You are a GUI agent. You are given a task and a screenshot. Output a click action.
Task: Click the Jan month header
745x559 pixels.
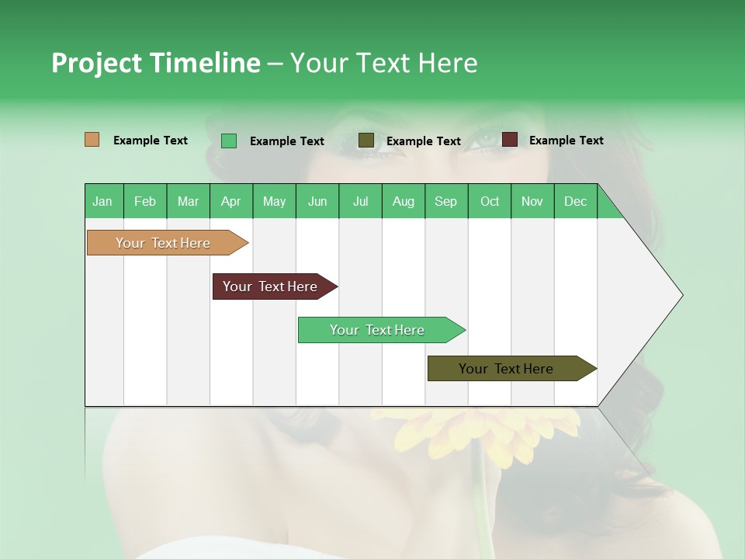[102, 201]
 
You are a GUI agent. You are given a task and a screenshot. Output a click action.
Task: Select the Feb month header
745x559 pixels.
[145, 201]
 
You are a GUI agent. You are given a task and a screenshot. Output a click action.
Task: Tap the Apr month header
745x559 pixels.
[230, 201]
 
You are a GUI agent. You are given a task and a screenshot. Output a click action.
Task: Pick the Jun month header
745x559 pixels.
[317, 201]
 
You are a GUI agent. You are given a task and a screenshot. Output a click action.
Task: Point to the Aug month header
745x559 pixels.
[403, 201]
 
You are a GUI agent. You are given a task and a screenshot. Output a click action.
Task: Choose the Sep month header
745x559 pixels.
[445, 201]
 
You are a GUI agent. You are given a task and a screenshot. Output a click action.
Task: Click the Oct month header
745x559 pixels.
[490, 201]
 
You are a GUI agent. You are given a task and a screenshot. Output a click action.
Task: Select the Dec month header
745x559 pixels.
[575, 201]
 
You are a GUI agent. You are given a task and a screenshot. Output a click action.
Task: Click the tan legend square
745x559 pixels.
[92, 140]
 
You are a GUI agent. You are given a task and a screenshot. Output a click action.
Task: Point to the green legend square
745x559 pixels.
[229, 141]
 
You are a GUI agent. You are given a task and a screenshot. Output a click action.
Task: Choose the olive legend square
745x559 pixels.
[366, 141]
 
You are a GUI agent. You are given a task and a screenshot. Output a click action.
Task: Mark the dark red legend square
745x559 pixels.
[509, 140]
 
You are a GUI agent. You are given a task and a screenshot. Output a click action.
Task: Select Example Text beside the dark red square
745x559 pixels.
[566, 141]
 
